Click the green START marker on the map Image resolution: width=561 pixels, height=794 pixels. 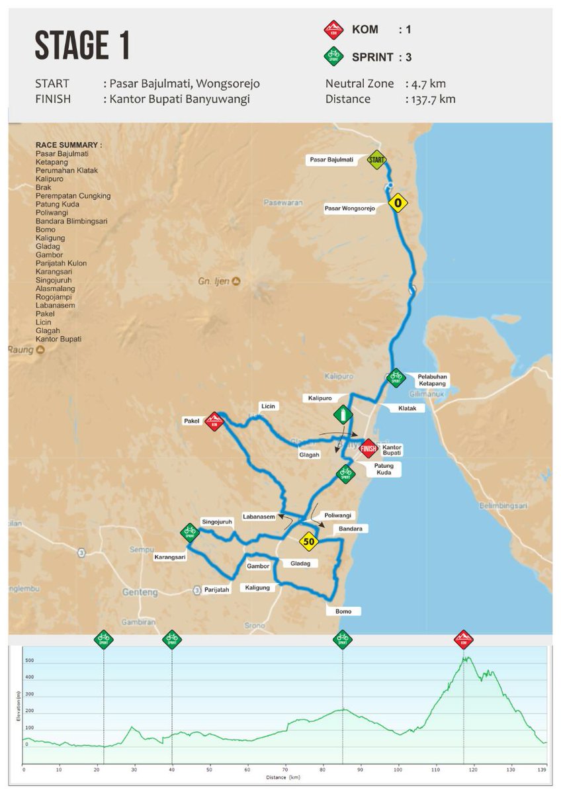376,159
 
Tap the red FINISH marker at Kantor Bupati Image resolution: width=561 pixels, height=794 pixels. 368,449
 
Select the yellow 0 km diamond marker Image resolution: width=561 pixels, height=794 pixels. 397,203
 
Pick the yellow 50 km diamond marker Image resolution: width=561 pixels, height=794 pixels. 308,542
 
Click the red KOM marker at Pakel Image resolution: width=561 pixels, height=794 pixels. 214,421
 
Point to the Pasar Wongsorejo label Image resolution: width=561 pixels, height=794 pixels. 350,209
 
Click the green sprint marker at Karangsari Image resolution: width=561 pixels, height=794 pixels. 191,531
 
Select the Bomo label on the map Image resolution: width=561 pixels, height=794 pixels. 343,611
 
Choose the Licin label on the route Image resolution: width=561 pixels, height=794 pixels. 267,406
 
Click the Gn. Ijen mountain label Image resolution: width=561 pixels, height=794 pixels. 214,281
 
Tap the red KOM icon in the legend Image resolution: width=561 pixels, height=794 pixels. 332,30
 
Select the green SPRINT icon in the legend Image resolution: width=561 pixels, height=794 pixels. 332,57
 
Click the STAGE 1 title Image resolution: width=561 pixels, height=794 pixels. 82,47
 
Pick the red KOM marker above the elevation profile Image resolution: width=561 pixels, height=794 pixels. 464,640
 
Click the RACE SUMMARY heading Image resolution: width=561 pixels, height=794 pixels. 69,145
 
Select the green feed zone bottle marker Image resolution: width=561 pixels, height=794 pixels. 342,416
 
